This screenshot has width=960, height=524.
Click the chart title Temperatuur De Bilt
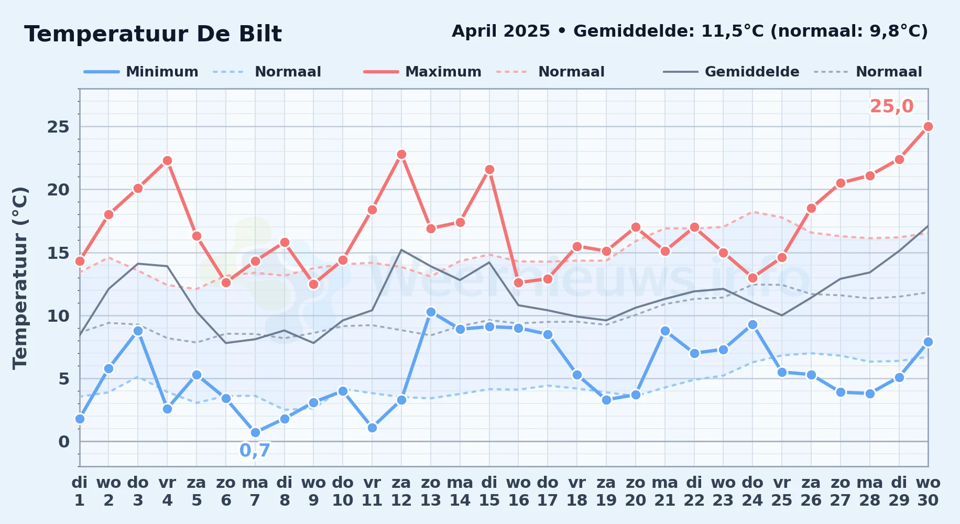[153, 34]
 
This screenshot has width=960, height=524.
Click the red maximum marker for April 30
[928, 126]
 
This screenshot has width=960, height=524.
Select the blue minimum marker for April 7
[255, 432]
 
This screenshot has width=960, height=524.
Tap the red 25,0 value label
[891, 106]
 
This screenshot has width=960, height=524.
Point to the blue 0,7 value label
[255, 450]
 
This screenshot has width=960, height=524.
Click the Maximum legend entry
[422, 72]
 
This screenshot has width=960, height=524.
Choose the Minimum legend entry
[141, 72]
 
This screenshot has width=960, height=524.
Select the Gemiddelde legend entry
[732, 72]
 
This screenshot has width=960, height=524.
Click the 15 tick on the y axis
[58, 253]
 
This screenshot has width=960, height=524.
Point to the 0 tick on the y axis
[64, 442]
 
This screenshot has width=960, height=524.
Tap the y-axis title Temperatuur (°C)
[20, 278]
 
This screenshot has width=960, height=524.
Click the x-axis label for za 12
[401, 492]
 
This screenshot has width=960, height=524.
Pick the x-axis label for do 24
[752, 492]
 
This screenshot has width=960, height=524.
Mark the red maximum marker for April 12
[401, 154]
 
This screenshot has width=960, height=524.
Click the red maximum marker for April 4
[167, 160]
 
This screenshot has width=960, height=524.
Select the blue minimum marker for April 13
[431, 312]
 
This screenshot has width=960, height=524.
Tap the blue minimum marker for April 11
[372, 428]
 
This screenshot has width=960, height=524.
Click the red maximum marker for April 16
[518, 282]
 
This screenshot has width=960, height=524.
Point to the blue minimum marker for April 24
[752, 324]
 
